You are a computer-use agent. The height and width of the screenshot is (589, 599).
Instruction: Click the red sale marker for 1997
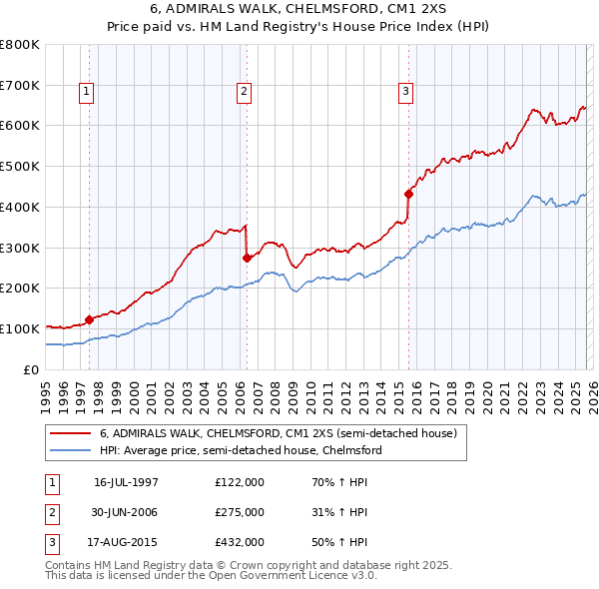pyautogui.click(x=89, y=319)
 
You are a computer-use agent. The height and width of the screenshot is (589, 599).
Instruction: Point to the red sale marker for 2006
pyautogui.click(x=247, y=258)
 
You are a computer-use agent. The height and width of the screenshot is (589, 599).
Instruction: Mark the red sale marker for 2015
pyautogui.click(x=408, y=194)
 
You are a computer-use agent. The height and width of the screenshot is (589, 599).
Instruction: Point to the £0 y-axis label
pyautogui.click(x=32, y=369)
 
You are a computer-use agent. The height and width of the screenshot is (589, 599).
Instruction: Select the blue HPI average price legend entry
pyautogui.click(x=240, y=450)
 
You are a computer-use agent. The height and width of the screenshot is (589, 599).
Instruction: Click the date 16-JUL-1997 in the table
pyautogui.click(x=126, y=482)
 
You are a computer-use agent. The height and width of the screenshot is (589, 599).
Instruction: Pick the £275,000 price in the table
pyautogui.click(x=239, y=512)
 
